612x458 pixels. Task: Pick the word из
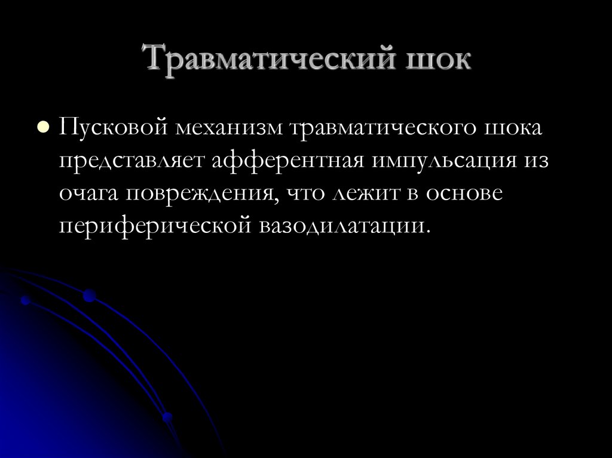[x=534, y=162]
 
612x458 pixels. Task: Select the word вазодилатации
[x=345, y=228]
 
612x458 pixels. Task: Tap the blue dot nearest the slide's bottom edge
[x=167, y=417]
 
